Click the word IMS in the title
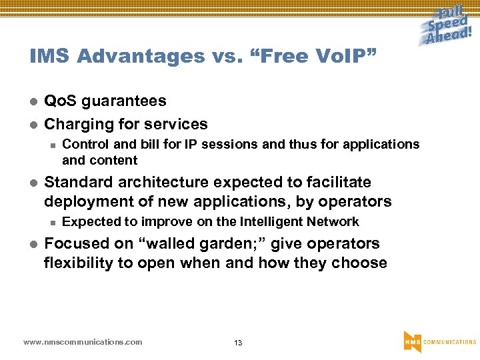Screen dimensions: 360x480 coord(50,57)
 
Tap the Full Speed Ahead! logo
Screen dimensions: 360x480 coord(449,26)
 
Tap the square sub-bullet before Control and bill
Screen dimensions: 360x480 coord(51,145)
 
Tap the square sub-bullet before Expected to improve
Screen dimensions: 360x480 coord(51,223)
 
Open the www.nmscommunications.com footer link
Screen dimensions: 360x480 coord(83,342)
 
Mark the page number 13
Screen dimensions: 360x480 coord(238,343)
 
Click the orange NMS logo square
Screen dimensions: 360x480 coord(412,341)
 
